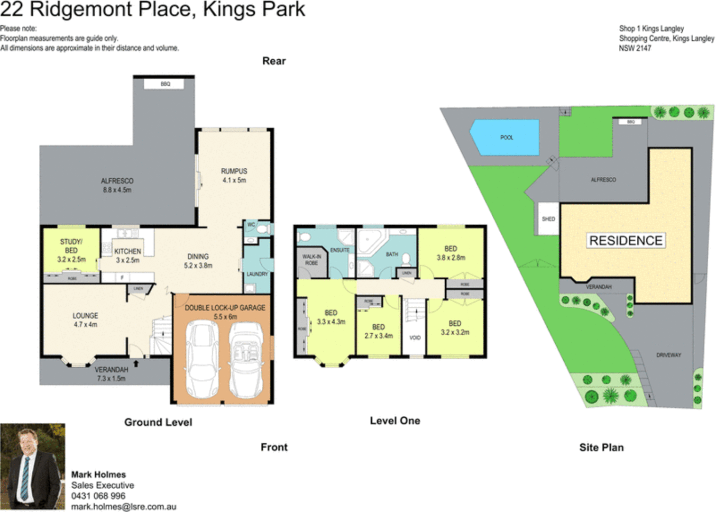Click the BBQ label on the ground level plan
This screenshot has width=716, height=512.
click(x=165, y=84)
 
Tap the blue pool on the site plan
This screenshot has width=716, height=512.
click(x=505, y=137)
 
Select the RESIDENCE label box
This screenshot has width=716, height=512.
click(x=625, y=240)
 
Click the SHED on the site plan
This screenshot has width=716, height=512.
click(x=548, y=219)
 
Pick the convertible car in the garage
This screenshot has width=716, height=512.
click(x=246, y=359)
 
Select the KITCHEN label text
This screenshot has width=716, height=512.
click(x=128, y=251)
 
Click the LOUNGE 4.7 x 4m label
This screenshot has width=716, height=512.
click(x=85, y=320)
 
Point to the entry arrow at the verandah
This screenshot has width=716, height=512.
click(x=136, y=364)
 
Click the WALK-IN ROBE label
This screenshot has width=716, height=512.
click(x=311, y=260)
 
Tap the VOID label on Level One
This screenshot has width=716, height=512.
click(x=414, y=338)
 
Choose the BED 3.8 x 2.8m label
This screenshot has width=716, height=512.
click(x=450, y=253)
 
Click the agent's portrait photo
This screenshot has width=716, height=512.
click(x=32, y=466)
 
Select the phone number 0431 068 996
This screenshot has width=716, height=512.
click(x=98, y=496)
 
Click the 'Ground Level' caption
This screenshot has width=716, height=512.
click(x=158, y=422)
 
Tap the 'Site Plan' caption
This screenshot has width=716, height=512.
click(x=601, y=447)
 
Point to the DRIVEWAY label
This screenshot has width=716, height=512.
click(x=669, y=355)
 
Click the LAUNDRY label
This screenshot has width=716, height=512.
click(x=257, y=274)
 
